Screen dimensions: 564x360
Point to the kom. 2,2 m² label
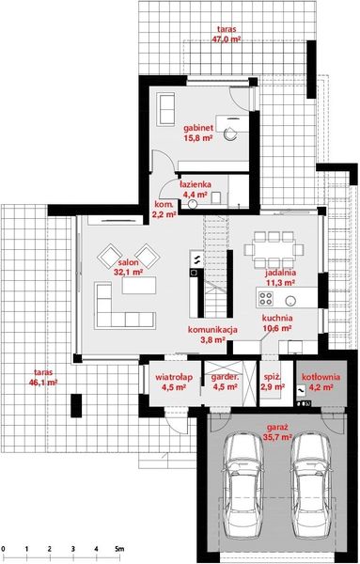coord(164,209)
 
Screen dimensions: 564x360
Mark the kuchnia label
coord(277,320)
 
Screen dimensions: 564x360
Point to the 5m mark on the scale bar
coord(118,547)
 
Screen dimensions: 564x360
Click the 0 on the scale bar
coord(4,547)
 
